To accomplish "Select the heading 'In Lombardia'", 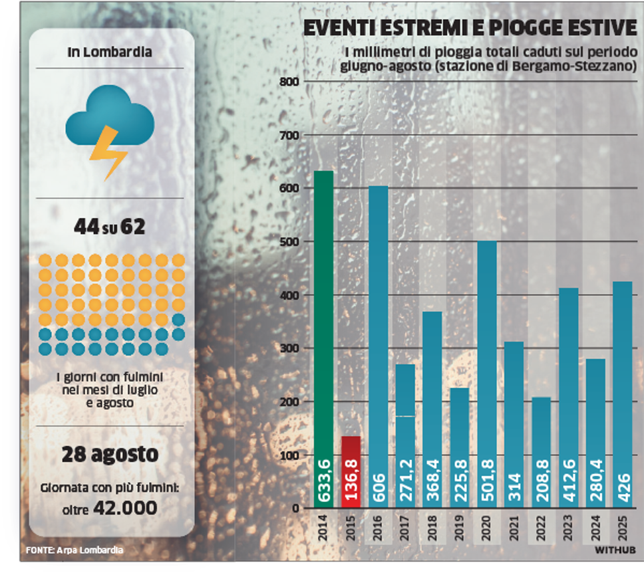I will pos(110,52).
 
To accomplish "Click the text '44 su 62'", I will pos(110,227).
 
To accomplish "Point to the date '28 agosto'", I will pos(110,455).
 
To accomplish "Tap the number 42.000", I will pos(126,509).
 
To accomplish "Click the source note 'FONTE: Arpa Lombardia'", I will pos(75,550).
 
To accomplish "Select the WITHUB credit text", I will pos(615,550).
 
